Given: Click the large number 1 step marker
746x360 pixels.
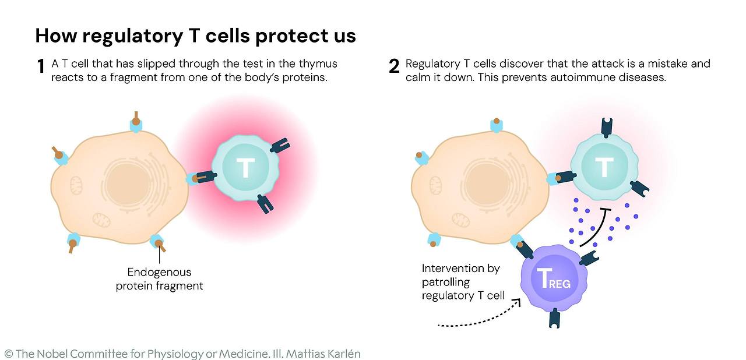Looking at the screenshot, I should (x=41, y=67).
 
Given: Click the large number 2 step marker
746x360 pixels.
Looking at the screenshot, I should (x=394, y=67).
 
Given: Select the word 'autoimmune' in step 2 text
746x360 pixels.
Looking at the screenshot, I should (x=582, y=77).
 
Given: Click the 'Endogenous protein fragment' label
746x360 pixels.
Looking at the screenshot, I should (x=159, y=279).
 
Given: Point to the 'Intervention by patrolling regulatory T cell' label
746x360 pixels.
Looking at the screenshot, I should (x=463, y=282).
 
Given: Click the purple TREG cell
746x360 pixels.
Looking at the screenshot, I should (x=551, y=278).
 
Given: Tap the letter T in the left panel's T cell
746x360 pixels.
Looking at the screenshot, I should (x=245, y=168).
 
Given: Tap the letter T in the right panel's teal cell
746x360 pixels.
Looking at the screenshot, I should (x=604, y=168).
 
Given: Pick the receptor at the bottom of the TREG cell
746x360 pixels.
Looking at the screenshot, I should (x=554, y=318).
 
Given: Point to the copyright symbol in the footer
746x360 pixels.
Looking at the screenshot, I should (x=8, y=354).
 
